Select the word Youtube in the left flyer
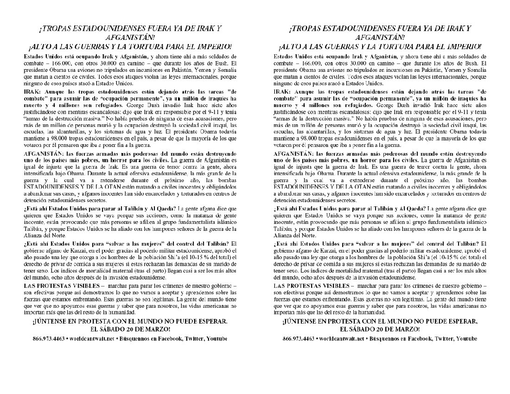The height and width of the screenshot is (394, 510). pyautogui.click(x=216, y=339)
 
